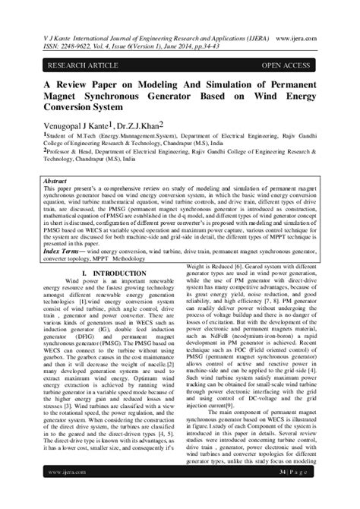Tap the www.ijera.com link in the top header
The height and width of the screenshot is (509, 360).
pyautogui.click(x=318, y=28)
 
